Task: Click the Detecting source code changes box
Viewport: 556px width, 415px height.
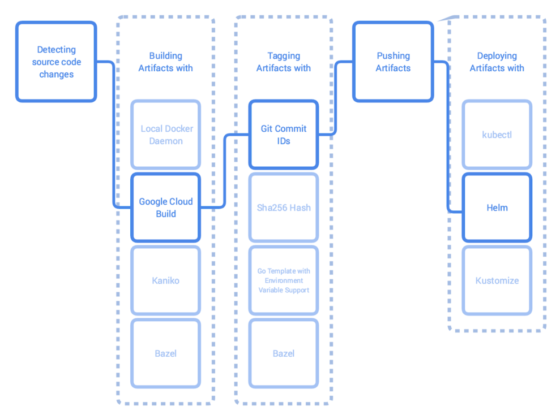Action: (56, 62)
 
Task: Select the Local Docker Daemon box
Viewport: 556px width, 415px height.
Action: (166, 135)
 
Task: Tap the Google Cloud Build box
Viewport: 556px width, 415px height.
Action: (166, 207)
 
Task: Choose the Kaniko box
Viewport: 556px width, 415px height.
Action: (166, 280)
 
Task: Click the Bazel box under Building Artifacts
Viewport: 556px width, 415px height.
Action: (166, 353)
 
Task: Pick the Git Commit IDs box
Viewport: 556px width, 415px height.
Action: (284, 135)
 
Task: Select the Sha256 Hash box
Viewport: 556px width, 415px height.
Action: (284, 207)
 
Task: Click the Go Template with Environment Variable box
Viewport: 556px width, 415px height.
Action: (284, 280)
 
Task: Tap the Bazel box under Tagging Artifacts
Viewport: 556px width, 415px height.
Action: (284, 353)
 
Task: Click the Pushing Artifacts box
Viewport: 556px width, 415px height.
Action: (393, 62)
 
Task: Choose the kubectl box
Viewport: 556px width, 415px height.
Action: (497, 135)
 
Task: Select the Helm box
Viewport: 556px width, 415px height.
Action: (497, 207)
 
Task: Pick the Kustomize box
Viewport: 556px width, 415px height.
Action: (497, 280)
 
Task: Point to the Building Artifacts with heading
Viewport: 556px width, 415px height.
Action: (166, 62)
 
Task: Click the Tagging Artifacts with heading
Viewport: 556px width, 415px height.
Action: (284, 62)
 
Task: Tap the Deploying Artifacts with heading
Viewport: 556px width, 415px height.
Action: (497, 62)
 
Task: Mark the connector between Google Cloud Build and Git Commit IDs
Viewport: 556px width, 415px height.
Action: (225, 170)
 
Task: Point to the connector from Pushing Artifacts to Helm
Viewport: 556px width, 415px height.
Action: (449, 136)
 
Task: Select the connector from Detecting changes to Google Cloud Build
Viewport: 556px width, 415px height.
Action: (114, 136)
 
